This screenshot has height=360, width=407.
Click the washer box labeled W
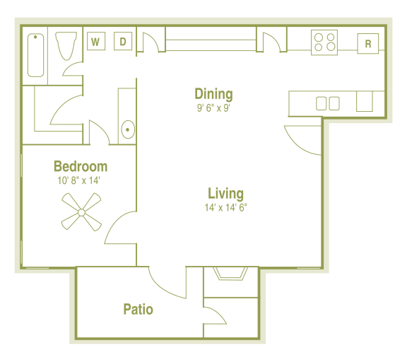click(95, 42)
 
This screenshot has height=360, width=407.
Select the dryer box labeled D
click(122, 42)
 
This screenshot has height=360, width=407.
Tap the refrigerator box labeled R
click(367, 43)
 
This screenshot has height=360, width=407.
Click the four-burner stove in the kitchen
click(324, 43)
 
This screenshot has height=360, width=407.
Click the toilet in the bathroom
click(66, 47)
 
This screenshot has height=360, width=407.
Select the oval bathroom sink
click(128, 129)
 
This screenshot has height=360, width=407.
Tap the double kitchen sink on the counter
click(327, 103)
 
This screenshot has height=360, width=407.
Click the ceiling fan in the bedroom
click(82, 212)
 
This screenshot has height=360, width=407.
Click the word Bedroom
click(81, 167)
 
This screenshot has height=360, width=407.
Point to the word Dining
click(213, 94)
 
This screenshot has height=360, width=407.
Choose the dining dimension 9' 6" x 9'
click(214, 108)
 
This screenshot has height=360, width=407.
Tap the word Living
click(225, 193)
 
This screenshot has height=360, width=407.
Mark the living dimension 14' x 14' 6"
click(226, 208)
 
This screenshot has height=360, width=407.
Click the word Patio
click(138, 309)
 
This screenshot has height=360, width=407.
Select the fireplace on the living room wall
click(231, 274)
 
